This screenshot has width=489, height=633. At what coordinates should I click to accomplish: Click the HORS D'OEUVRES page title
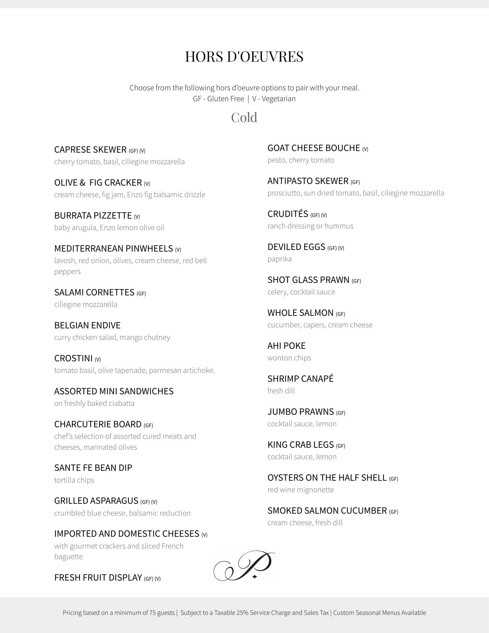pyautogui.click(x=244, y=56)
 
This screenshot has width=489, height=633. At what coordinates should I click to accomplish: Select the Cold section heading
pyautogui.click(x=244, y=117)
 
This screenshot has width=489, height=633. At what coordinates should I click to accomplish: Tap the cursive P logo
pyautogui.click(x=244, y=566)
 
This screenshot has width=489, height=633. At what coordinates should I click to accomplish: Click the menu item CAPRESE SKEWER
pyautogui.click(x=90, y=150)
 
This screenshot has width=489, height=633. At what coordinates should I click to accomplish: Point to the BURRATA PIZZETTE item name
pyautogui.click(x=93, y=216)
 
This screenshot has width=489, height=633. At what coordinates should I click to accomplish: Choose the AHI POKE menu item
pyautogui.click(x=286, y=346)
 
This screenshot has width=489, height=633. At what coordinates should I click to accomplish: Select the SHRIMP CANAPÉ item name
pyautogui.click(x=301, y=379)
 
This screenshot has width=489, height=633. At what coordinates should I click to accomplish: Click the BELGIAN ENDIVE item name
pyautogui.click(x=87, y=325)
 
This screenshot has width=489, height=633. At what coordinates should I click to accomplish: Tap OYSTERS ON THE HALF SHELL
pyautogui.click(x=327, y=478)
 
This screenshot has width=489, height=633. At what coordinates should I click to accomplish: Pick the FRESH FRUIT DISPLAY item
pyautogui.click(x=98, y=578)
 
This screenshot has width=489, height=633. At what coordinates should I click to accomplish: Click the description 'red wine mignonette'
pyautogui.click(x=301, y=490)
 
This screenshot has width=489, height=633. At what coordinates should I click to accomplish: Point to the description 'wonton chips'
pyautogui.click(x=289, y=358)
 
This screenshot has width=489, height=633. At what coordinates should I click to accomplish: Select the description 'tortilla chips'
pyautogui.click(x=74, y=480)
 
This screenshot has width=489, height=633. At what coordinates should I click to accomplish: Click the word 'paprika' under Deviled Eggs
pyautogui.click(x=279, y=259)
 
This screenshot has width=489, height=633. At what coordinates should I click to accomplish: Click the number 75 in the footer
pyautogui.click(x=153, y=613)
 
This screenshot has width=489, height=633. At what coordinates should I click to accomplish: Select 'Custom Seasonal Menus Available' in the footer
pyautogui.click(x=380, y=613)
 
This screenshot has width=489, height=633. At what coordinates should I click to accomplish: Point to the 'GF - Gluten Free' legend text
pyautogui.click(x=218, y=99)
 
